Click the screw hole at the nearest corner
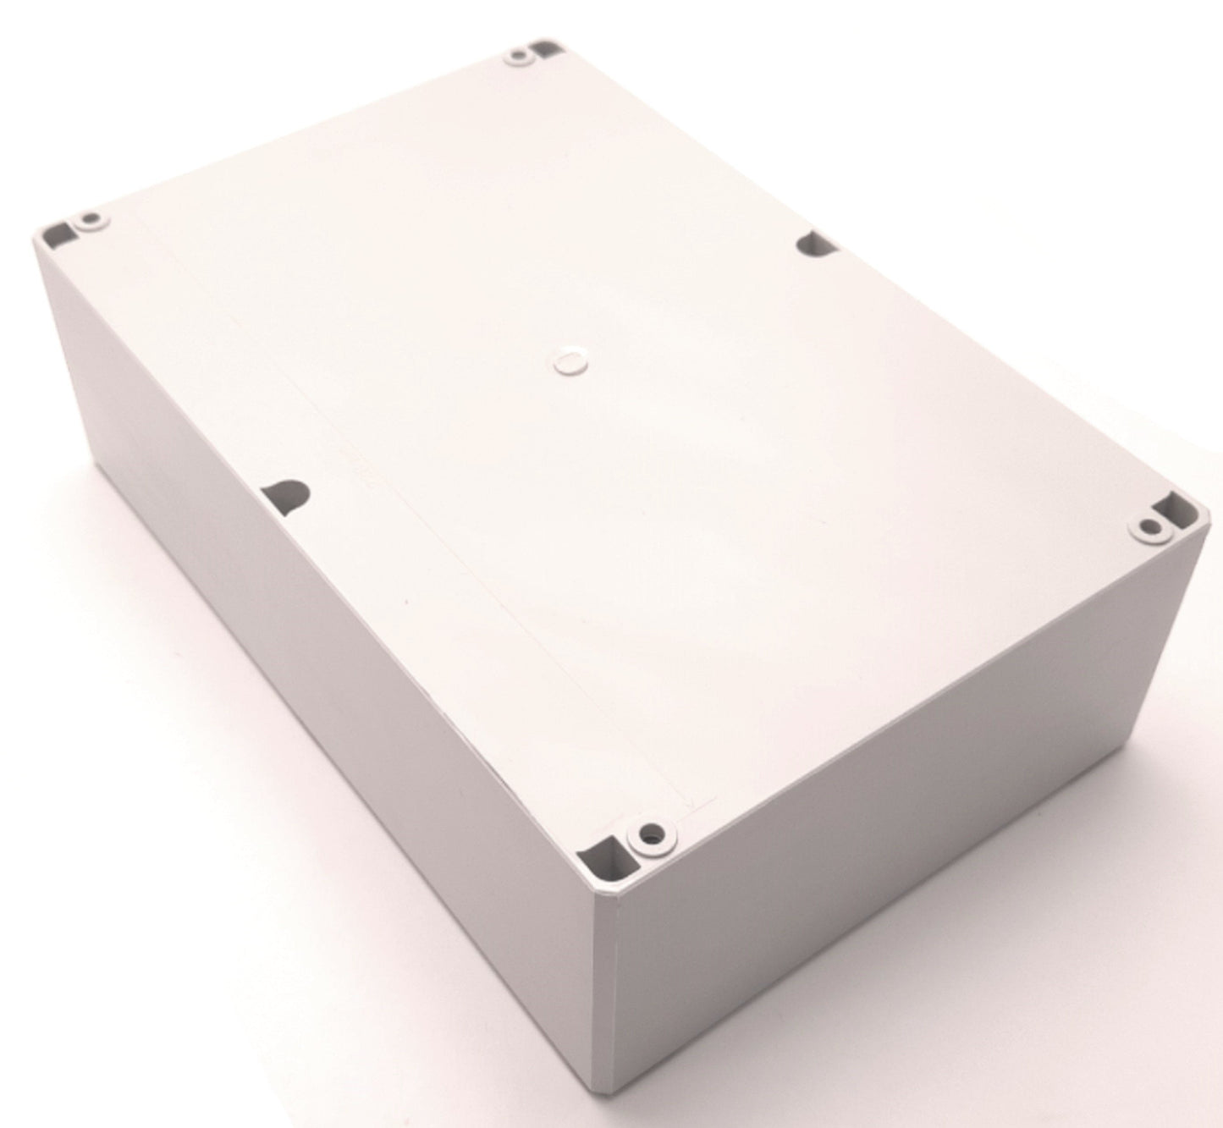(x=649, y=834)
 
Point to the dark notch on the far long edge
(x=816, y=245)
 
